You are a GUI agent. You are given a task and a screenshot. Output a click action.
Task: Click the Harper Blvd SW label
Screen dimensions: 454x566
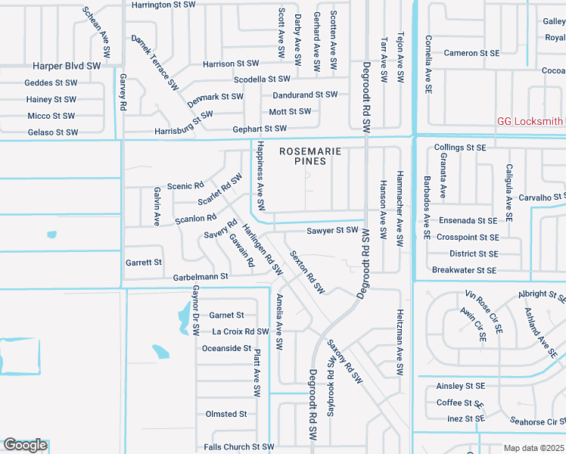(x=67, y=67)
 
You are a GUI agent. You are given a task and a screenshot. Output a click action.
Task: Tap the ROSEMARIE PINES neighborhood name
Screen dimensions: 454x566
(x=310, y=156)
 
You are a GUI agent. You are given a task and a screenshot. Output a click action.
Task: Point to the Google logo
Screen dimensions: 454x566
(x=25, y=445)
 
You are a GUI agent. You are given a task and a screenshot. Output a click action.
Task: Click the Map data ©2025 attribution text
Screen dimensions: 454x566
(x=534, y=448)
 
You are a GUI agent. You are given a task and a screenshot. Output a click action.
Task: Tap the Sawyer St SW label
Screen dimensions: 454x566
(x=332, y=230)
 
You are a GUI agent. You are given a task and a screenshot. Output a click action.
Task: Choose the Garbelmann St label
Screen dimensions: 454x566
(x=201, y=277)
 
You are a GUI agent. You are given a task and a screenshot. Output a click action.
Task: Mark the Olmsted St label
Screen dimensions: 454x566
(x=226, y=414)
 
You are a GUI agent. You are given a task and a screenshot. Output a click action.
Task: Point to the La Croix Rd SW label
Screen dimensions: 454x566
(x=241, y=331)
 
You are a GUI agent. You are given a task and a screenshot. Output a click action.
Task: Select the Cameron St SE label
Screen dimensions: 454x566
(x=471, y=53)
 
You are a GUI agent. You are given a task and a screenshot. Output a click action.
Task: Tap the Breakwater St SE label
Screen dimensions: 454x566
(x=464, y=270)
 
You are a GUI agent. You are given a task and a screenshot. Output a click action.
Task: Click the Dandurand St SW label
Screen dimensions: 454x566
(x=305, y=95)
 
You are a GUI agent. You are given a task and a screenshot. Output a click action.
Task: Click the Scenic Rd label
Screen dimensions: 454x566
(x=185, y=185)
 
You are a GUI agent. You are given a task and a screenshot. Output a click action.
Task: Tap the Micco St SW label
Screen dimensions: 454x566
(x=51, y=116)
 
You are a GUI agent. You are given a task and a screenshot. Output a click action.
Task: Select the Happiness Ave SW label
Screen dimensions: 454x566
(x=260, y=176)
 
